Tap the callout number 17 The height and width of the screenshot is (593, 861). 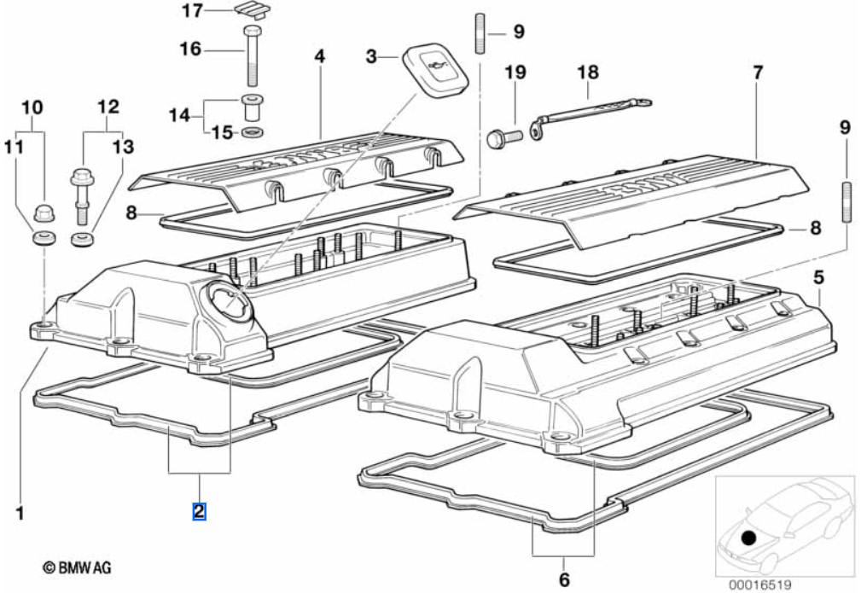193,11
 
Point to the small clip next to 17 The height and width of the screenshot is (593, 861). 248,11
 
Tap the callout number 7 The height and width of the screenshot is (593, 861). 757,73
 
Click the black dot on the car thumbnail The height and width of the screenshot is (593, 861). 748,538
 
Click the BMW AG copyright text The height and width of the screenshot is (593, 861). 77,567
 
